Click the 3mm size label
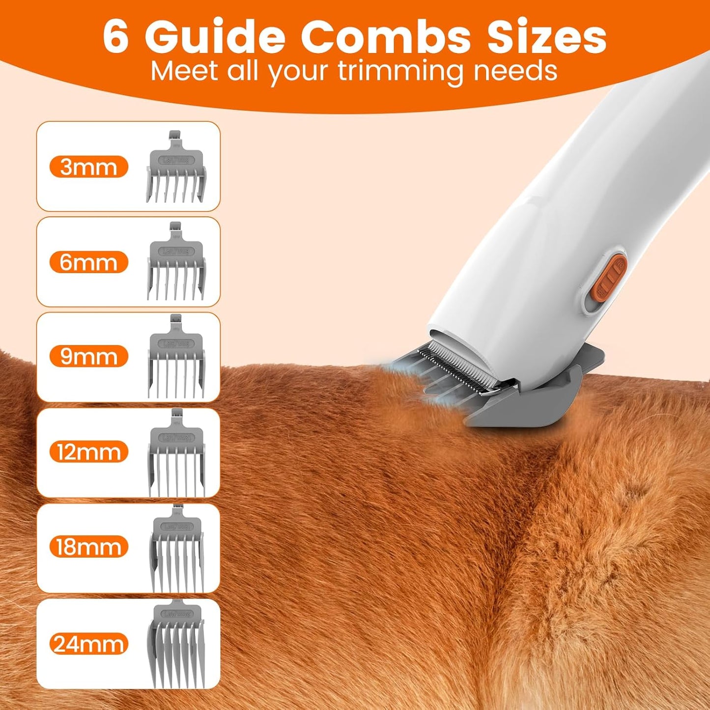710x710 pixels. (88, 167)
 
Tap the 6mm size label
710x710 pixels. (88, 262)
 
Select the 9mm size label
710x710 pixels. (88, 357)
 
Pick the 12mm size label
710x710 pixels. (88, 452)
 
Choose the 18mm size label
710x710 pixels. (88, 547)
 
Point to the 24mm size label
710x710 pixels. (88, 644)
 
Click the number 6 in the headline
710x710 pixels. (116, 37)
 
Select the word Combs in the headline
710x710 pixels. (386, 37)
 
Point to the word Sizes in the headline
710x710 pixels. (546, 37)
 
